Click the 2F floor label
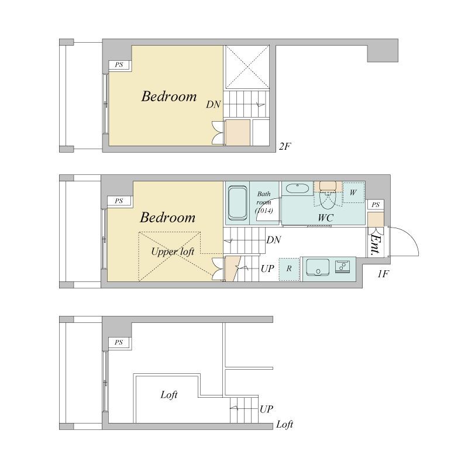[x=285, y=146]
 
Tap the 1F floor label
[x=383, y=274]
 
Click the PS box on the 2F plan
[x=119, y=65]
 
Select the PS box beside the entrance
[x=376, y=205]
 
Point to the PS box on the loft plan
[x=119, y=342]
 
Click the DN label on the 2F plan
[x=214, y=105]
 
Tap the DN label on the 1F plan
[x=273, y=240]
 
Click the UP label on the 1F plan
[x=267, y=269]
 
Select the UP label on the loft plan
[x=266, y=409]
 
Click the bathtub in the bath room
[x=238, y=203]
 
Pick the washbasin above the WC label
[x=298, y=188]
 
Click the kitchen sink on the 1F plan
[x=318, y=267]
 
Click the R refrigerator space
[x=289, y=269]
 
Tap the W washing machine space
[x=353, y=192]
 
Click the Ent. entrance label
[x=376, y=245]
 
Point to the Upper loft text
[x=173, y=252]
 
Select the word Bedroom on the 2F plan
[x=169, y=97]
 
